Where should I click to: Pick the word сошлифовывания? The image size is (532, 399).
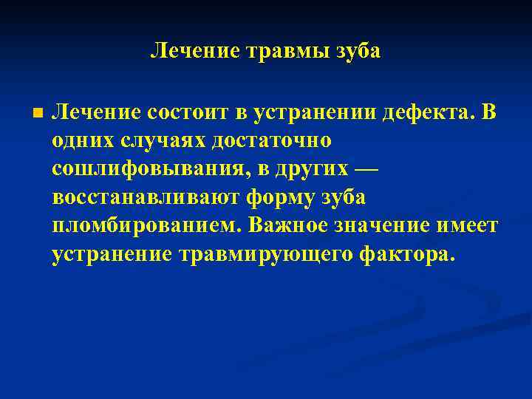coord(148,168)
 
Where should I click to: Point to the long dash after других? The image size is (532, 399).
coord(365,168)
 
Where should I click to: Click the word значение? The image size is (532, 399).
coord(386,225)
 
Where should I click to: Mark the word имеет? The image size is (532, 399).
coord(471,225)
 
